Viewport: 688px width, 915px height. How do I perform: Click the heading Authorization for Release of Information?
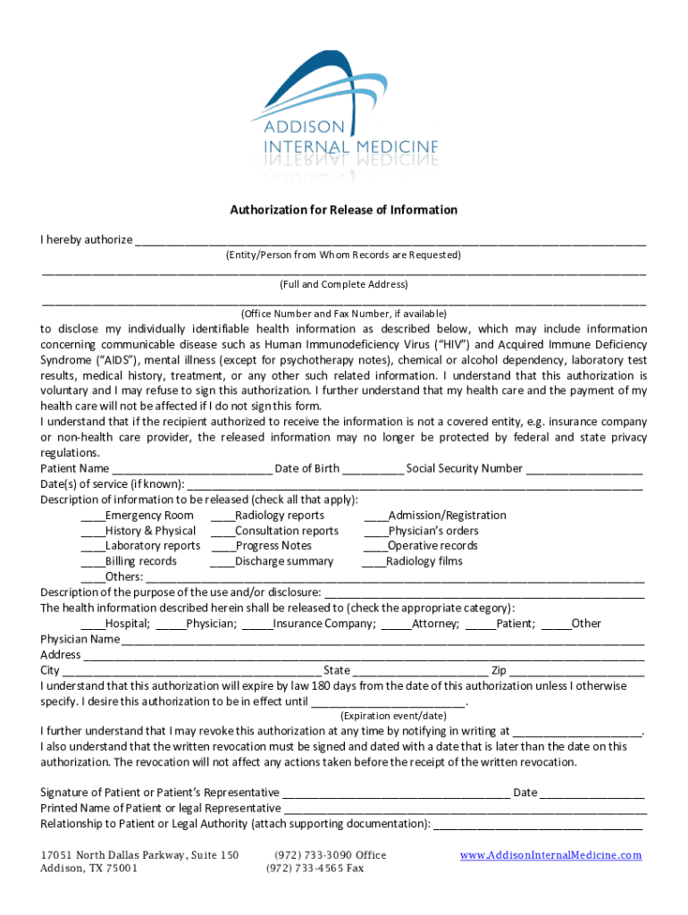[x=344, y=210]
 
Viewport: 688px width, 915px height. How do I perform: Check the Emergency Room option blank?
[x=93, y=516]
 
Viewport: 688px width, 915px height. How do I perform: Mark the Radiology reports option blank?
[x=222, y=516]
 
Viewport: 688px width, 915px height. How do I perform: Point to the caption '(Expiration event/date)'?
[x=393, y=716]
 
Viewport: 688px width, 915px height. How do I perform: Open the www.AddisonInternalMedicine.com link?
[x=551, y=855]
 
